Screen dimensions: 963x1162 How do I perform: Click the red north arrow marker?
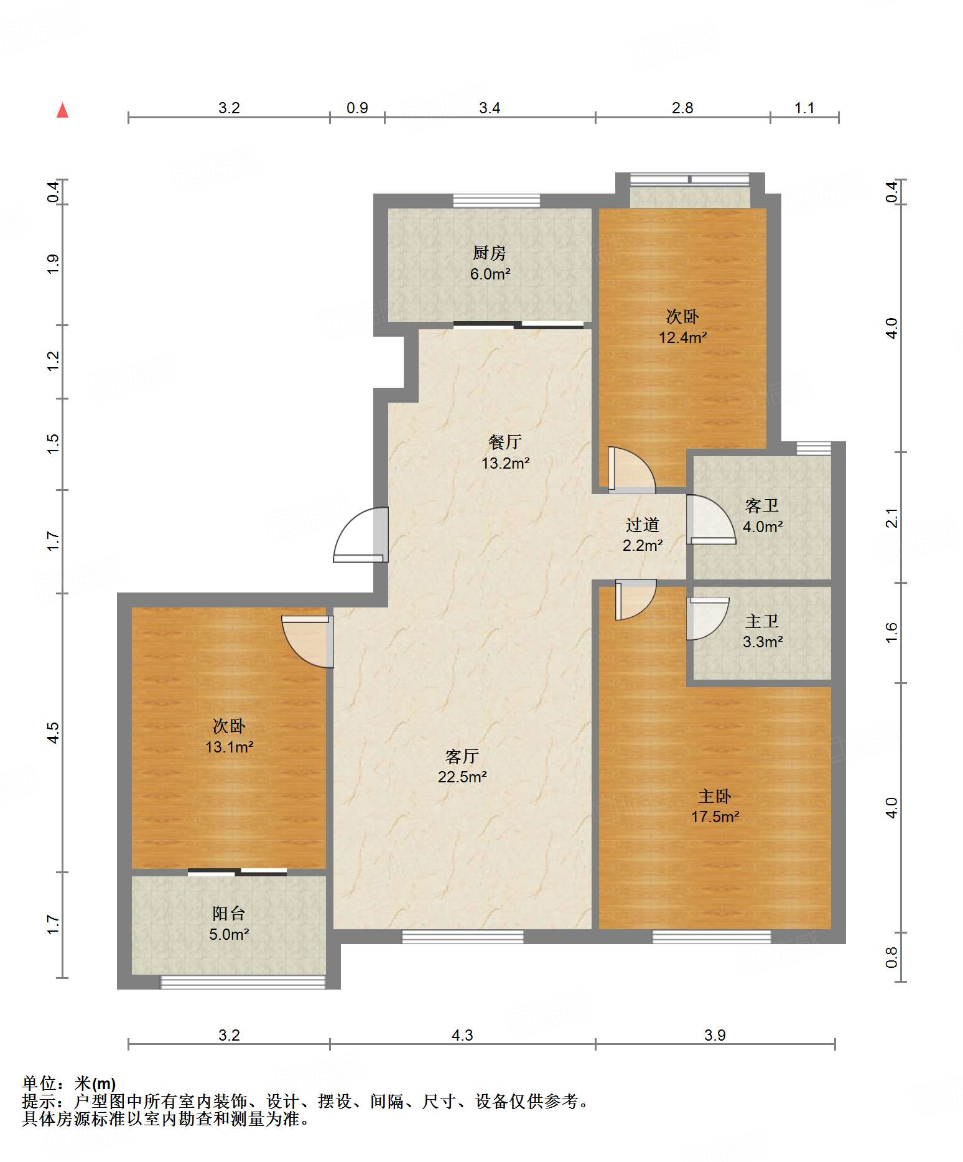pos(62,110)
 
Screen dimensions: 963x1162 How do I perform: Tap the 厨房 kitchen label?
pos(490,253)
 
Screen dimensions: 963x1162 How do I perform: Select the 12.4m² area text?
pos(683,337)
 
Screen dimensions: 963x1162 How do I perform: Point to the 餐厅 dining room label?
pos(505,442)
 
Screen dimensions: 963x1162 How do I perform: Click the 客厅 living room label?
pos(462,756)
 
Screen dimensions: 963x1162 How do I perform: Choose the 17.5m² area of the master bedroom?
pos(715,817)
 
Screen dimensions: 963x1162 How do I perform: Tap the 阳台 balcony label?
pos(229,913)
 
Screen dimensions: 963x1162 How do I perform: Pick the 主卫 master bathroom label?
pos(762,621)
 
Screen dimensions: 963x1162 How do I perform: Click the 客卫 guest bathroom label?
pos(762,505)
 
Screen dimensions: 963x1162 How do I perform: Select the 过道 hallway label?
pos(643,525)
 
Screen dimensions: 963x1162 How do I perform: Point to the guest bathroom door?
pos(711,519)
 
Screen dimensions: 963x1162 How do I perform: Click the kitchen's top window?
pos(496,200)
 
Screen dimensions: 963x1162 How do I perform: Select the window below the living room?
pos(463,936)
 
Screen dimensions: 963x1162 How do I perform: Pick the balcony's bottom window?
pos(243,982)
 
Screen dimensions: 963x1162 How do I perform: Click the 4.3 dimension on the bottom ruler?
pos(462,1035)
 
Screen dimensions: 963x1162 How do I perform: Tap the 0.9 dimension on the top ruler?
pos(357,108)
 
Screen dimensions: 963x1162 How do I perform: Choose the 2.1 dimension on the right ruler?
pos(891,518)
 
